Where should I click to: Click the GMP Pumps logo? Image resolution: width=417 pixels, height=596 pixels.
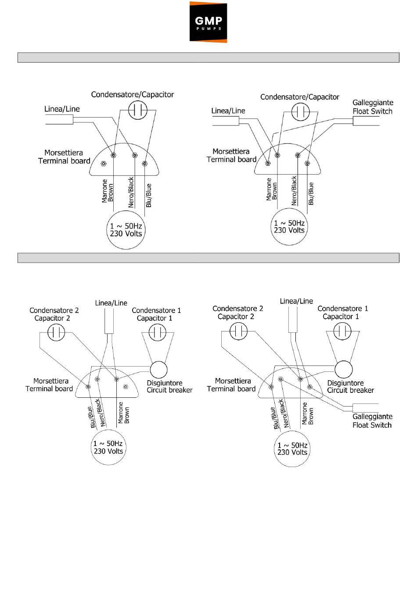[x=208, y=22]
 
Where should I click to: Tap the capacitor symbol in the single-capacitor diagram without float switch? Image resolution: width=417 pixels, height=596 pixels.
[x=138, y=110]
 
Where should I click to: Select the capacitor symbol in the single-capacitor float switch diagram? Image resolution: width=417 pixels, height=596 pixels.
[x=300, y=112]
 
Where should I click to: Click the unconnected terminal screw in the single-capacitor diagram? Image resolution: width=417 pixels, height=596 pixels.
[x=104, y=164]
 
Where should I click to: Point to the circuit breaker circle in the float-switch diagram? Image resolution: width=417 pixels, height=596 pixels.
[x=343, y=369]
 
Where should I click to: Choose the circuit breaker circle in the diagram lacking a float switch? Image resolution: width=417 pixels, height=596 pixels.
[x=159, y=370]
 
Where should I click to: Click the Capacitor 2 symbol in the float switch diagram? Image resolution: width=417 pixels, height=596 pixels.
[x=239, y=331]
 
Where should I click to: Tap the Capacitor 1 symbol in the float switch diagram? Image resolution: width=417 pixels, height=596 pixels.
[x=342, y=331]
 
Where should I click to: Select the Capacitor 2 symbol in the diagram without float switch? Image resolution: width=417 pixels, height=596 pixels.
[x=56, y=332]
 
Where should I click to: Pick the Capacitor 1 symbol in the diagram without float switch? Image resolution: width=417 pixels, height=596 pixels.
[x=158, y=332]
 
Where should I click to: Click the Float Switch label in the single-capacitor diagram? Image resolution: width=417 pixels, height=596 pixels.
[x=373, y=111]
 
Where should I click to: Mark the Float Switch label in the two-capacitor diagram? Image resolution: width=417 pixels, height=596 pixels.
[x=372, y=425]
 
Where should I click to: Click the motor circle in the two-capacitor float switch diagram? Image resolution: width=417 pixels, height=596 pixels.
[x=292, y=449]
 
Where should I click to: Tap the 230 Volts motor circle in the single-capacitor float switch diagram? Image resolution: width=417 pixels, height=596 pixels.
[x=289, y=226]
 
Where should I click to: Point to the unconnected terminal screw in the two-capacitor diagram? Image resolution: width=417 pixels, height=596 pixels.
[x=126, y=387]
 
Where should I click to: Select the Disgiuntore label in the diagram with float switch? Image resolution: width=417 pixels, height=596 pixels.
[x=345, y=383]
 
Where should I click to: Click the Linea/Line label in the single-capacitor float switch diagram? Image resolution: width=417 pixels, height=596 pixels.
[x=228, y=111]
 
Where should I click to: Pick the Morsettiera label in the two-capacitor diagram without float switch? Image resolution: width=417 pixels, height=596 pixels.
[x=51, y=381]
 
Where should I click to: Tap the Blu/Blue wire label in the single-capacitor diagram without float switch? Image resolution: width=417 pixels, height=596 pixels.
[x=149, y=195]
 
